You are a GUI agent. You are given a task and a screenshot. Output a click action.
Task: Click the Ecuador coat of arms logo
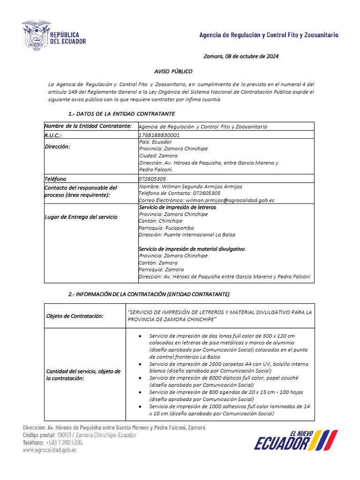[37, 36]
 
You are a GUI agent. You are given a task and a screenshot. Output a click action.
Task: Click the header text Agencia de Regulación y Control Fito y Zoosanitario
[269, 35]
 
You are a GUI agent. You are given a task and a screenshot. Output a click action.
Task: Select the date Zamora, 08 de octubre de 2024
[241, 56]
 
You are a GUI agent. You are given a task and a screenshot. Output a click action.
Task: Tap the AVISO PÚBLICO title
[173, 71]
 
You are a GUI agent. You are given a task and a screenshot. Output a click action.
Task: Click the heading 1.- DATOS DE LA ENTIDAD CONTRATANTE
[121, 114]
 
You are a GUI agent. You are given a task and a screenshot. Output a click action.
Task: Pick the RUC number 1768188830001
[159, 135]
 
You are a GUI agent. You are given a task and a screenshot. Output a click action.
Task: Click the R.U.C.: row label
[54, 135]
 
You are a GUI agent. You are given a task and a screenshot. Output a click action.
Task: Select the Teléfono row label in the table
[55, 179]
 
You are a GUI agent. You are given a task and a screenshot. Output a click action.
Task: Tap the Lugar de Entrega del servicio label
[81, 217]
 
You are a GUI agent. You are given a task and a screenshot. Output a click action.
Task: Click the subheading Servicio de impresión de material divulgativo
[192, 249]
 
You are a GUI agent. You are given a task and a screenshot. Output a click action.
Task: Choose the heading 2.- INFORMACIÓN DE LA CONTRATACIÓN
[149, 294]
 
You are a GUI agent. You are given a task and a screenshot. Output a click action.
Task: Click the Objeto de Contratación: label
[75, 316]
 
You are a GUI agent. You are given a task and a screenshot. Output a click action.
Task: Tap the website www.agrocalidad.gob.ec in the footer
[50, 450]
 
